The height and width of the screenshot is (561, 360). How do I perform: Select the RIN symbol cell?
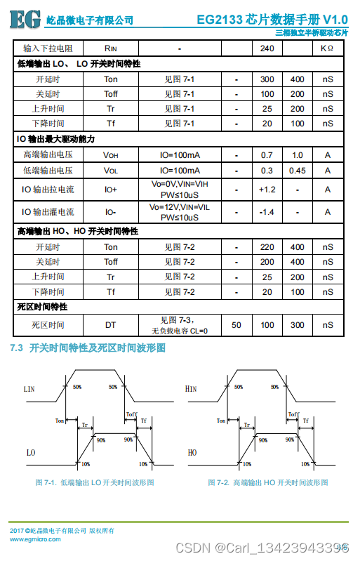[111, 48]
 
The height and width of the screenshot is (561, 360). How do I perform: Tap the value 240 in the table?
[267, 48]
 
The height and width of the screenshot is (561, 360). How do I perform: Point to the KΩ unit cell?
[327, 48]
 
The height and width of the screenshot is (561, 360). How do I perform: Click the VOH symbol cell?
[111, 154]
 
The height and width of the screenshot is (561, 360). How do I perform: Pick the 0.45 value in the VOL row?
[298, 170]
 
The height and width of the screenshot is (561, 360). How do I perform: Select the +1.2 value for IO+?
[267, 190]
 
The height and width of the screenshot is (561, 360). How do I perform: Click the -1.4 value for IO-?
[267, 212]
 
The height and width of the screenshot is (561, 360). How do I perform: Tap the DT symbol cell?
[111, 324]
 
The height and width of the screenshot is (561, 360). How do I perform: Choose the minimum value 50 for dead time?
[236, 324]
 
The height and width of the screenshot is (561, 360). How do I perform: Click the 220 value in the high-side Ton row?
[267, 246]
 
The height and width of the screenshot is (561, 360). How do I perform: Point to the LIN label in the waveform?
[29, 388]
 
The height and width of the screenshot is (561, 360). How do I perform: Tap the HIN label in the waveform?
[191, 388]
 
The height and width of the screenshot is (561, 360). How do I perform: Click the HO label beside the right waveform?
[192, 453]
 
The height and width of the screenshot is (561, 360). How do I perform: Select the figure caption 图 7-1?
[95, 482]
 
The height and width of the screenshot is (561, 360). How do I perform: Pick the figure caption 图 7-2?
[268, 482]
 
